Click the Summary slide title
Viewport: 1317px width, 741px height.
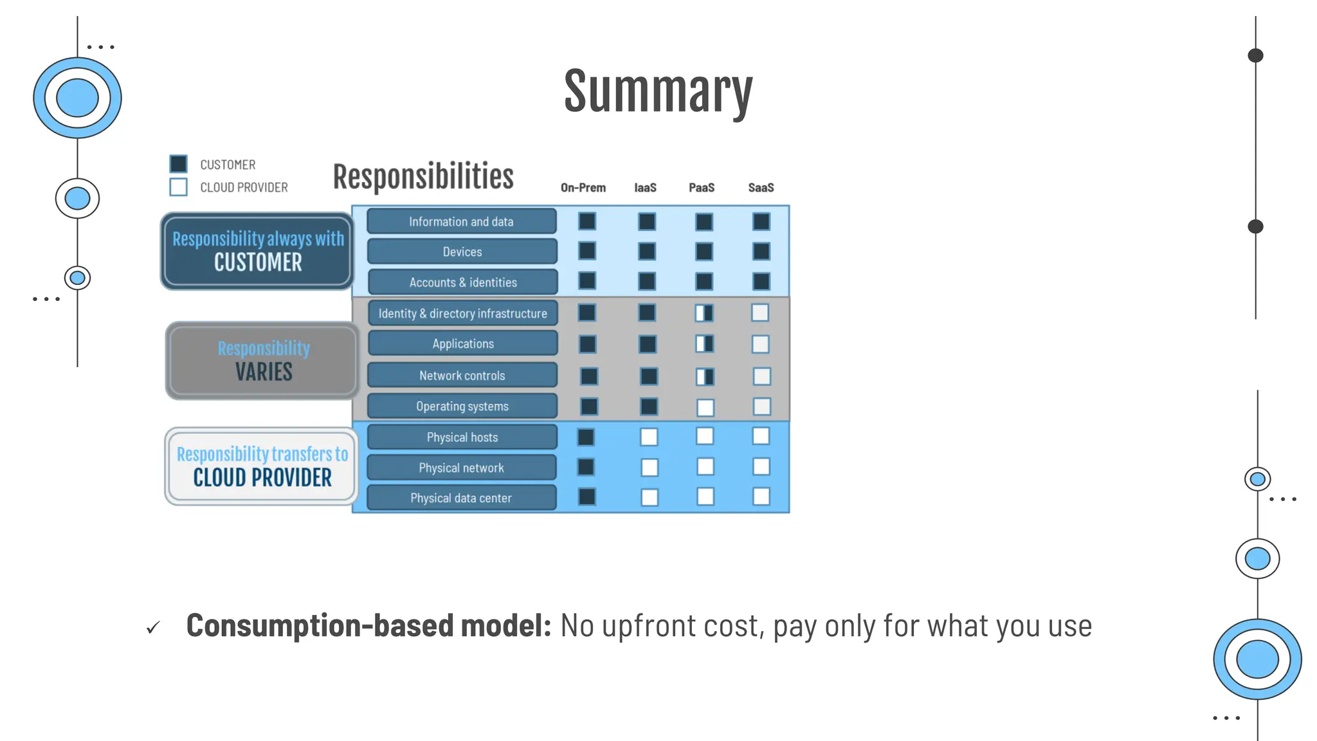pos(658,92)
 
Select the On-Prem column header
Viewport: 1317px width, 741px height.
pos(583,188)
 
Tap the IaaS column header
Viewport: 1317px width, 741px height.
pos(645,188)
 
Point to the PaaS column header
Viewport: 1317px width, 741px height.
pos(702,188)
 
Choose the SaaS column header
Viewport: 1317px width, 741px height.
pos(761,188)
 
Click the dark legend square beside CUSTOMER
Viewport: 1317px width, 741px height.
pos(178,163)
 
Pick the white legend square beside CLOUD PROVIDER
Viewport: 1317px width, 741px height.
pos(178,187)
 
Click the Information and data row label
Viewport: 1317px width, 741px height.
pos(461,221)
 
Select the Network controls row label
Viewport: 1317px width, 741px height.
pos(462,376)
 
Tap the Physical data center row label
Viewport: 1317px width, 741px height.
pos(461,498)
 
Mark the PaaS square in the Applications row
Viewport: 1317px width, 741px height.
pos(704,344)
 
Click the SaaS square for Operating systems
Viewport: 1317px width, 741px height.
pos(761,407)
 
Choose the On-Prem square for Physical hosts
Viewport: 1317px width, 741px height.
pos(586,437)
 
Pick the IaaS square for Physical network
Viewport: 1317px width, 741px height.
pos(649,467)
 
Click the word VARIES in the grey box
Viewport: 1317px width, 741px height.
pos(264,372)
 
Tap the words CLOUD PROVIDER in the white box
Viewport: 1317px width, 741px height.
pos(262,478)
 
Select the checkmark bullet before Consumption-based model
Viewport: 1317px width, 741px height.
pos(153,627)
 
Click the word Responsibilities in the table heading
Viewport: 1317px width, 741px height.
pos(423,177)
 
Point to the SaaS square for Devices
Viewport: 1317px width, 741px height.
pos(761,251)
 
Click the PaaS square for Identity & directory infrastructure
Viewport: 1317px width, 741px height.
pos(704,313)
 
